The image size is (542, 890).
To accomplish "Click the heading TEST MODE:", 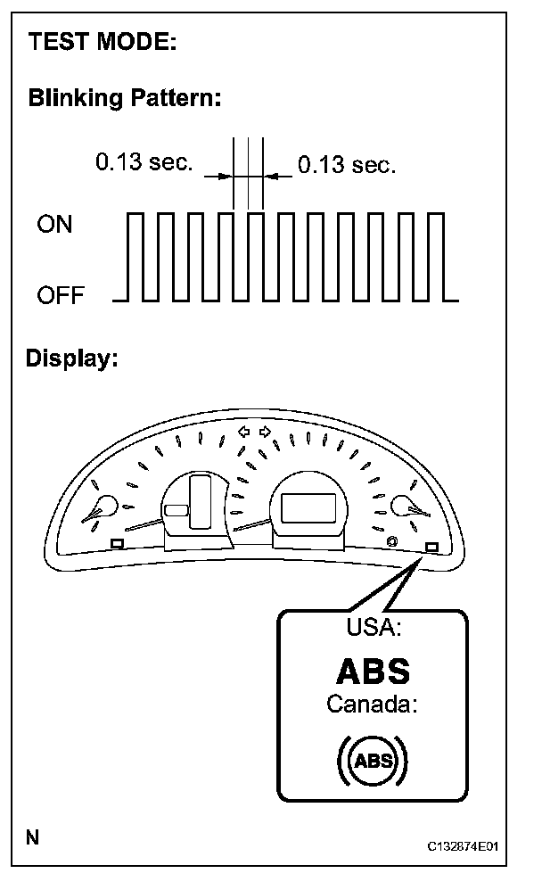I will point(102,41).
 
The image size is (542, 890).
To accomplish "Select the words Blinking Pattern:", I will point(124,97).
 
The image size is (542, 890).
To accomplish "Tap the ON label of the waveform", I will point(54,224).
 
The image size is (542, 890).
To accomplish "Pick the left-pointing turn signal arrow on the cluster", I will point(243,432).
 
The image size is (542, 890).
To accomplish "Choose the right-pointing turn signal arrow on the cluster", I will point(265,432).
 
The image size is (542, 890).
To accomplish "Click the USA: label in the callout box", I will point(374,627).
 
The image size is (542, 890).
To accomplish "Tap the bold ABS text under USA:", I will point(374,671).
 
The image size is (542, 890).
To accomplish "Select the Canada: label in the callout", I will point(374,704).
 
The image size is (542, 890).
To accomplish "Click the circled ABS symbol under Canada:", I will point(374,761).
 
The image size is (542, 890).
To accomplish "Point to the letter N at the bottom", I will point(33,837).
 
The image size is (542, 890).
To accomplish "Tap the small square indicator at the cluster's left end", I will point(116,543).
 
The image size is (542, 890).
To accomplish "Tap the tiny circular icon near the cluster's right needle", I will point(392,541).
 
